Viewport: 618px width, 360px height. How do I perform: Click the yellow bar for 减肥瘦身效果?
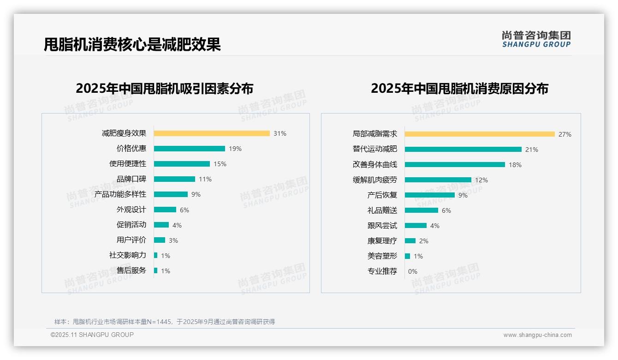click(212, 133)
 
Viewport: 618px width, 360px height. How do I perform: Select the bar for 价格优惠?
click(189, 149)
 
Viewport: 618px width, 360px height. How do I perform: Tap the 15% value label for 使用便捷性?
click(220, 164)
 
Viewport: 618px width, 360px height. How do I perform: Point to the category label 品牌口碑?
click(131, 179)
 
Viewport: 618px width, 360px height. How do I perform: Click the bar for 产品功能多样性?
click(171, 194)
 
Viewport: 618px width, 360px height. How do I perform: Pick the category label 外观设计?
click(131, 210)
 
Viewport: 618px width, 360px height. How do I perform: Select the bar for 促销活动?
click(161, 225)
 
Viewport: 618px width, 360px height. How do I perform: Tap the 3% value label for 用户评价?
click(173, 240)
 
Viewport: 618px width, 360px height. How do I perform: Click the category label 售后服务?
click(131, 270)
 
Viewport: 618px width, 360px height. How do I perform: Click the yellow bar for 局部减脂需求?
click(480, 134)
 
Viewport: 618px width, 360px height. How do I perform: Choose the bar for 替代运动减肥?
click(463, 150)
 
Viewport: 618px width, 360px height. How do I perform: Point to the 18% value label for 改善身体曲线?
click(515, 165)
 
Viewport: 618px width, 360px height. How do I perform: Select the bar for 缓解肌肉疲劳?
click(438, 180)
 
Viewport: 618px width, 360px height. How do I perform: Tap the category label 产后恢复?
click(382, 195)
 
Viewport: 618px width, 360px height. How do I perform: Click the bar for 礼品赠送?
click(422, 210)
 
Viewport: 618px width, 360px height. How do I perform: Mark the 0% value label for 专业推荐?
click(413, 271)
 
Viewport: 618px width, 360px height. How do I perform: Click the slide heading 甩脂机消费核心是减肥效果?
click(132, 45)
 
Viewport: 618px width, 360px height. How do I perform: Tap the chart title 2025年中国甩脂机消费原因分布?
click(459, 89)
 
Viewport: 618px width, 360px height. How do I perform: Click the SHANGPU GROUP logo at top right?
click(536, 39)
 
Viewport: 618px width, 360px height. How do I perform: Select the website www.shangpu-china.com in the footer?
click(537, 335)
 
